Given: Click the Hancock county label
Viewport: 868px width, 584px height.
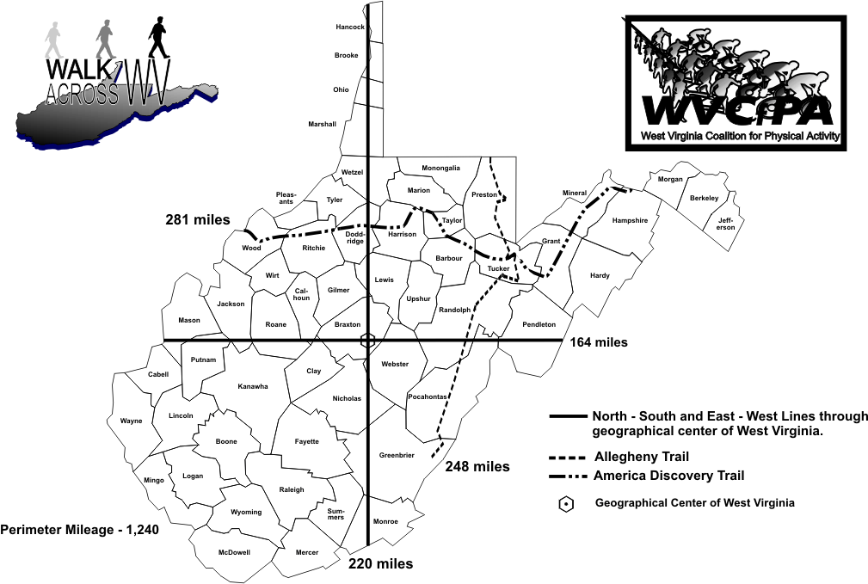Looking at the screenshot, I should pyautogui.click(x=350, y=28).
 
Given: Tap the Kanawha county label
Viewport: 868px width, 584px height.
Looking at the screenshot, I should pyautogui.click(x=253, y=386).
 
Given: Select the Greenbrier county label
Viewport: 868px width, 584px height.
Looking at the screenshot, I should pyautogui.click(x=397, y=455).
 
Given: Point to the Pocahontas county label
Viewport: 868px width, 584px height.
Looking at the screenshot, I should pyautogui.click(x=428, y=397).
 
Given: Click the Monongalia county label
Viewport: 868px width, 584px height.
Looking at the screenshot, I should pyautogui.click(x=440, y=168).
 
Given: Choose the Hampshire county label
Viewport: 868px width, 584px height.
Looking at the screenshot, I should pyautogui.click(x=629, y=220).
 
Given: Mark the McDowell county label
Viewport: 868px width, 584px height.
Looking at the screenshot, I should pyautogui.click(x=234, y=552).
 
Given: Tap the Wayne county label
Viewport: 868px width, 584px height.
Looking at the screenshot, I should pyautogui.click(x=131, y=421).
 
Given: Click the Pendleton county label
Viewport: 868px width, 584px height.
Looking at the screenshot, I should pyautogui.click(x=539, y=324).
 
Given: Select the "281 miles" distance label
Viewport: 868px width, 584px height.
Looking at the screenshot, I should pyautogui.click(x=198, y=220).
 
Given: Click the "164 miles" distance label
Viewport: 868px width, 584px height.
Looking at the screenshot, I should pyautogui.click(x=599, y=342).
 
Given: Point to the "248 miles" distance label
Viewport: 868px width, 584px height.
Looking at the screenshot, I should pyautogui.click(x=477, y=467).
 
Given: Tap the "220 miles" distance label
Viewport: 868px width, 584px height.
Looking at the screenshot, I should pyautogui.click(x=381, y=564).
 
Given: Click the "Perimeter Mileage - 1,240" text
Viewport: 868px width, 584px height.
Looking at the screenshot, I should pyautogui.click(x=80, y=530).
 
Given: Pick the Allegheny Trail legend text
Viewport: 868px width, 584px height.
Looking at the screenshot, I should pyautogui.click(x=642, y=457).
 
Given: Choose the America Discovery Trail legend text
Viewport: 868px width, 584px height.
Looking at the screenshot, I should pyautogui.click(x=669, y=476).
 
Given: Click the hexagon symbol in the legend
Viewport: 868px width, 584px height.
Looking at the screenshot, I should pyautogui.click(x=566, y=505).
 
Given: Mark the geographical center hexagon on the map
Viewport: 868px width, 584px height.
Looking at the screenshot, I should pyautogui.click(x=368, y=341).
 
